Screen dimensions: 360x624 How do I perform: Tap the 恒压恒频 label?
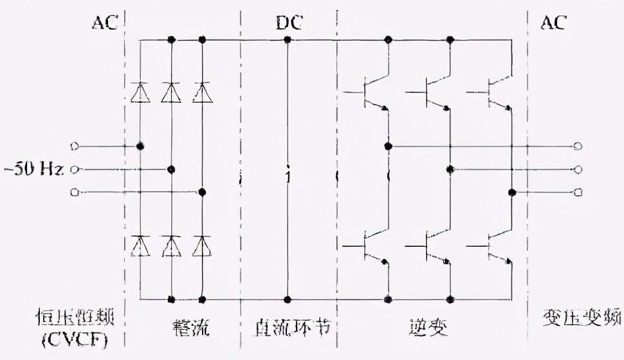click(x=71, y=319)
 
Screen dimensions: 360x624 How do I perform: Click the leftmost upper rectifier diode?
click(x=140, y=93)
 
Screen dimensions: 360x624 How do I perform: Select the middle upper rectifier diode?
click(x=171, y=93)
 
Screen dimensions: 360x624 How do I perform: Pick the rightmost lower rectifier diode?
click(x=202, y=245)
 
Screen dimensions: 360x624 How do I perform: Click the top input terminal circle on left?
click(x=75, y=147)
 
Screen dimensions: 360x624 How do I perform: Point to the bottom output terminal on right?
click(x=577, y=192)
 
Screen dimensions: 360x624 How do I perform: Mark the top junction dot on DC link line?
click(x=288, y=40)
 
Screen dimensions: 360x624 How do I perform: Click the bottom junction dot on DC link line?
click(x=288, y=300)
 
